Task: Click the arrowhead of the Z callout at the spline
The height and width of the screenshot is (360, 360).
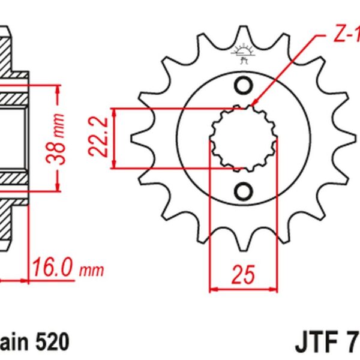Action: (254, 105)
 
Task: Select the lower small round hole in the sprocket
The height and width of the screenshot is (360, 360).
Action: (244, 191)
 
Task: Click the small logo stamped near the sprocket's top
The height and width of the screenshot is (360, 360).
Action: (244, 53)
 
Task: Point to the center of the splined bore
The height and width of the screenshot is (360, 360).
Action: (244, 138)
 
